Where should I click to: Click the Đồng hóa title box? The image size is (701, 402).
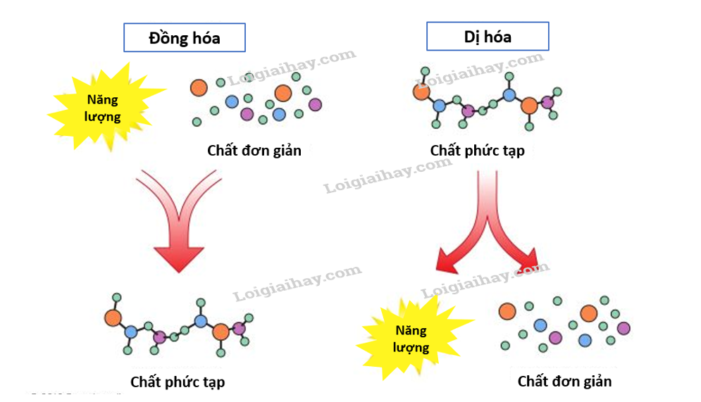185,38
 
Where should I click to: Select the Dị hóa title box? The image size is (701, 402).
488,36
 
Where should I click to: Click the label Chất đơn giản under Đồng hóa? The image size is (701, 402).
254,150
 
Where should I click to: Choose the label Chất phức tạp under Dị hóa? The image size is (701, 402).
477,151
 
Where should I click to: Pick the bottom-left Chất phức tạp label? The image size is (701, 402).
178,382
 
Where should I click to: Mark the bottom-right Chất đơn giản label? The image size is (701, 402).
564,381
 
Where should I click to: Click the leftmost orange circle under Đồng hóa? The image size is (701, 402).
199,87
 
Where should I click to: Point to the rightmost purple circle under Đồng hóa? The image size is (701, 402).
315,105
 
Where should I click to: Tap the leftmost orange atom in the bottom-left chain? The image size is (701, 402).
113,318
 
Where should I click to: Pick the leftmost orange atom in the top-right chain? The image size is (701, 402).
422,92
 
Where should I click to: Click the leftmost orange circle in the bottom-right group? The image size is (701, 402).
507,310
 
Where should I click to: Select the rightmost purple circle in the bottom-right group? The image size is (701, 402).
623,328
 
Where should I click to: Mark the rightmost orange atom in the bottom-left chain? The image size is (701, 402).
221,332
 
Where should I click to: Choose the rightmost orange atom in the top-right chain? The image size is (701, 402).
529,106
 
